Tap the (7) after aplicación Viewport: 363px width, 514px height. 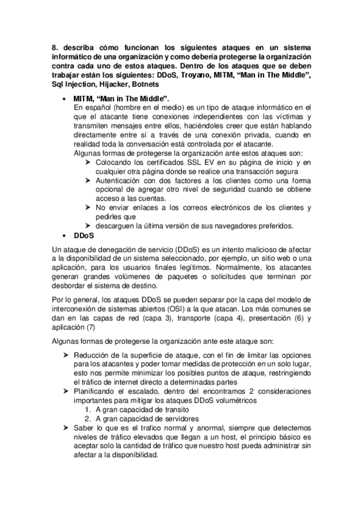click(90, 327)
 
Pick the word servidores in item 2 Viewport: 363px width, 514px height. click(164, 419)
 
